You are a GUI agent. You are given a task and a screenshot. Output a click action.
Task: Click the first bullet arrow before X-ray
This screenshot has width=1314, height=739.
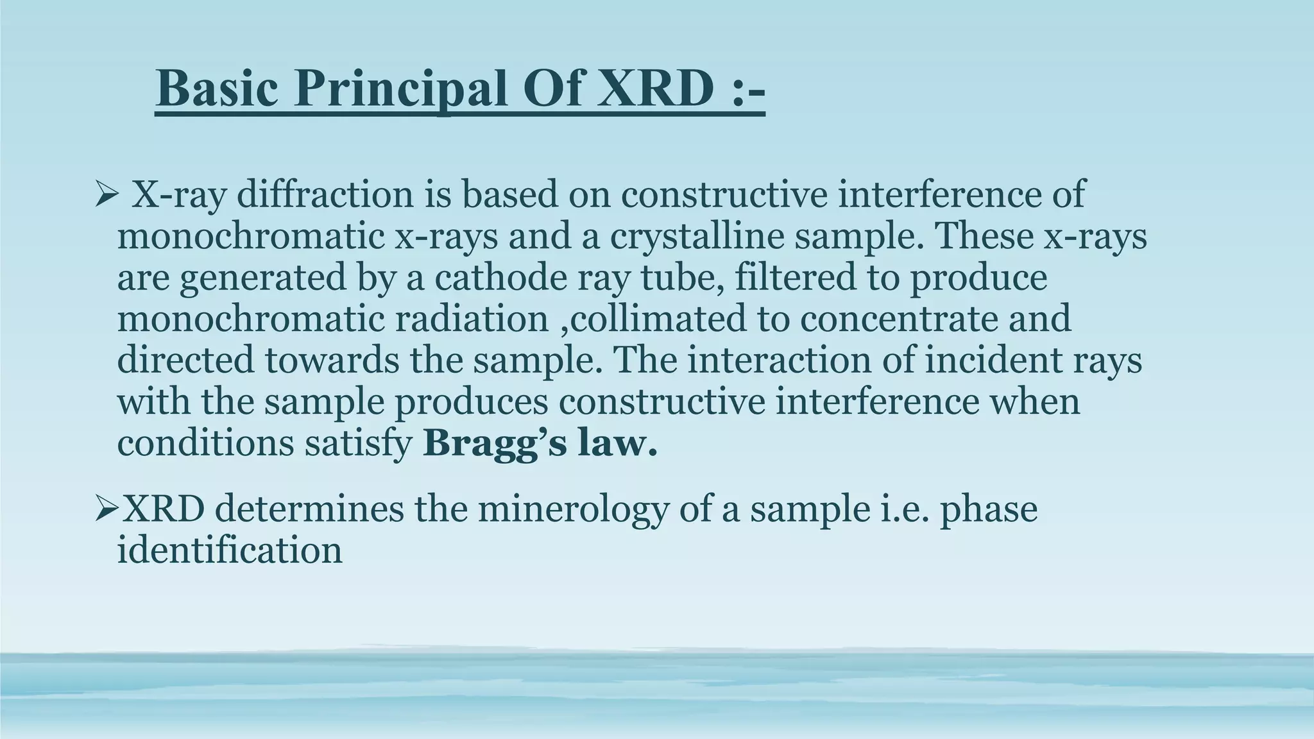pyautogui.click(x=103, y=194)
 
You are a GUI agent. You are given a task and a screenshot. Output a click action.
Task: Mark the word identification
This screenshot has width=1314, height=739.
pyautogui.click(x=229, y=550)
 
